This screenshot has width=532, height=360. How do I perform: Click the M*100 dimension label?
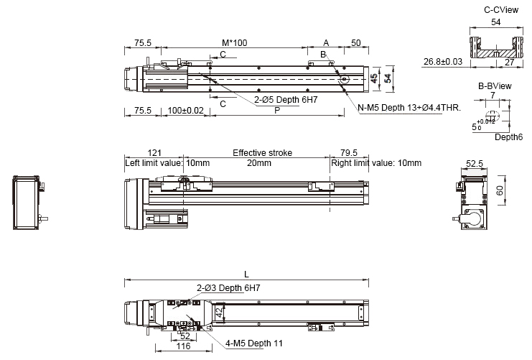coord(235,43)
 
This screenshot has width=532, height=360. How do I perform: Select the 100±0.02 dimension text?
coord(185,111)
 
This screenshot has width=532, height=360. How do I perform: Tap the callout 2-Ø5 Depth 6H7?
coord(286,100)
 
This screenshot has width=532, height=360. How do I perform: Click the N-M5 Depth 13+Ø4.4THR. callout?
coord(409,108)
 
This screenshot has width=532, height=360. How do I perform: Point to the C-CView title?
coord(501,10)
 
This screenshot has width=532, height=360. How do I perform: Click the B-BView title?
coord(495,86)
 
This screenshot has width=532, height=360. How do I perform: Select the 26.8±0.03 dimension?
coord(443,62)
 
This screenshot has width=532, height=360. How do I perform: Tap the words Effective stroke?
coord(262,153)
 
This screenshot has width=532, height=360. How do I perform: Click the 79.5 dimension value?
coord(349,153)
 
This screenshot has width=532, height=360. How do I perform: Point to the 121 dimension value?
coord(154,153)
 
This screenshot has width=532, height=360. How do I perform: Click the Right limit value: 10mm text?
coord(376,163)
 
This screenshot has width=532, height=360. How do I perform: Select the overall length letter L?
coord(247,274)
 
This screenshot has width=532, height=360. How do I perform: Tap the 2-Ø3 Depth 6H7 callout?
coord(228,288)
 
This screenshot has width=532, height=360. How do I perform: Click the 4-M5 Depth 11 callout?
coord(253,343)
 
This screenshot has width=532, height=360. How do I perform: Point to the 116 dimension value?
coord(184,346)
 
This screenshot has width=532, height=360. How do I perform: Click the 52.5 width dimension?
coord(475,164)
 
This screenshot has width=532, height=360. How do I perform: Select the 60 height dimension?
coord(500,190)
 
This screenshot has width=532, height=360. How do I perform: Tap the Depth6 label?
coord(508,137)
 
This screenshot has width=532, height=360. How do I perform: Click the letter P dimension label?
coord(277,111)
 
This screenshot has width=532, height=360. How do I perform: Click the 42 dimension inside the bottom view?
coord(220,313)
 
